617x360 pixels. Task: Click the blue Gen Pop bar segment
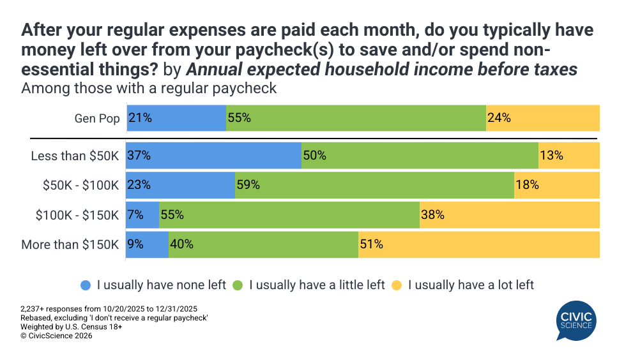tap(176, 118)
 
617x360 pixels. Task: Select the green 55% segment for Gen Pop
tap(356, 118)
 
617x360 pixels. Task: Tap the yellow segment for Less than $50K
tap(568, 155)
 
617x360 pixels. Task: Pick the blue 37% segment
tap(213, 155)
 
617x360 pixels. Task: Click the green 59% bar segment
tap(374, 185)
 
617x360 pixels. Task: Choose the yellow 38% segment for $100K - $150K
tap(509, 215)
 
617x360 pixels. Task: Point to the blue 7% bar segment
tap(142, 215)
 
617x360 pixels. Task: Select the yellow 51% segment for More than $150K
tap(478, 244)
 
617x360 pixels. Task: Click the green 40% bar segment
tap(263, 244)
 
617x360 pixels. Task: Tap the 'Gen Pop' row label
tap(96, 118)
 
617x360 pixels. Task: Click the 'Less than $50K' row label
tap(75, 155)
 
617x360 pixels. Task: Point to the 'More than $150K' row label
tap(70, 244)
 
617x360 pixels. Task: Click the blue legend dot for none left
tap(86, 285)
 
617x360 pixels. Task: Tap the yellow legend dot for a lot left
tap(397, 285)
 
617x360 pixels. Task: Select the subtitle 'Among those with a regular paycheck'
tap(149, 88)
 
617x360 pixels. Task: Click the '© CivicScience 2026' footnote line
tap(56, 336)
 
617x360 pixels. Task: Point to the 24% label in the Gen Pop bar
tap(499, 118)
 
